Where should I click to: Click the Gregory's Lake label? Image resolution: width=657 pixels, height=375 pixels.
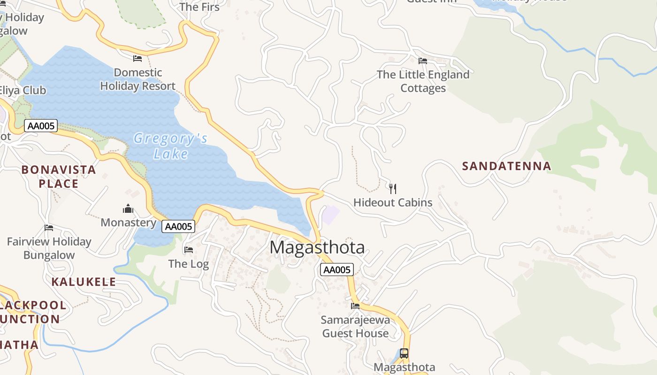click(x=170, y=146)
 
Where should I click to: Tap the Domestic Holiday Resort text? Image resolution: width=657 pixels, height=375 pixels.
click(x=138, y=79)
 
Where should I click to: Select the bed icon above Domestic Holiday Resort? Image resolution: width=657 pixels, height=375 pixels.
click(x=138, y=59)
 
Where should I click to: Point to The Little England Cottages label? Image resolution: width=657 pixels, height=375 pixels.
click(x=423, y=81)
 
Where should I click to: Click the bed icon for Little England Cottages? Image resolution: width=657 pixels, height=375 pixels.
click(x=423, y=60)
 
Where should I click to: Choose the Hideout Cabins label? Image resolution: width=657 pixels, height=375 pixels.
click(x=393, y=202)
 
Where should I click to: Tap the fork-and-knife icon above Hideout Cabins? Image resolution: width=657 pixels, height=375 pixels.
click(x=393, y=188)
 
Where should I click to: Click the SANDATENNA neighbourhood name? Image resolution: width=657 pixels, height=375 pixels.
click(x=506, y=166)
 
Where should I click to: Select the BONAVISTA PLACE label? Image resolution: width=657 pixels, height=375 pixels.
click(x=59, y=176)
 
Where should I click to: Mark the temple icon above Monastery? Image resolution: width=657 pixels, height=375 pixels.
click(x=128, y=209)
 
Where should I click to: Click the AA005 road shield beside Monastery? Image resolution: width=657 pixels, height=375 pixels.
click(x=178, y=226)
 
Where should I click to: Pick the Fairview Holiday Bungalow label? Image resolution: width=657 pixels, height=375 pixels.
click(x=49, y=248)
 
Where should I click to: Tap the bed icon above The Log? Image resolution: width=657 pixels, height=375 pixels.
click(x=189, y=249)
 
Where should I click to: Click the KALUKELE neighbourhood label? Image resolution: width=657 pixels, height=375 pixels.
click(x=84, y=282)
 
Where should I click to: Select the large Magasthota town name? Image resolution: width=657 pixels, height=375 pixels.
click(x=317, y=247)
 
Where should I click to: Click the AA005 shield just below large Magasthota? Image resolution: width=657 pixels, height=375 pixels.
click(x=337, y=270)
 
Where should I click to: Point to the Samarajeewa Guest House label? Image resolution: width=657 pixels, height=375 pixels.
click(x=355, y=327)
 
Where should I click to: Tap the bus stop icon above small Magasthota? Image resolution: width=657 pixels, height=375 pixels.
click(x=404, y=353)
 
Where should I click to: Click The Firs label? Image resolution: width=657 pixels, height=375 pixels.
click(x=199, y=7)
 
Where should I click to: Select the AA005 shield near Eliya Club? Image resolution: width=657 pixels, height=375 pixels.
click(x=41, y=126)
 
